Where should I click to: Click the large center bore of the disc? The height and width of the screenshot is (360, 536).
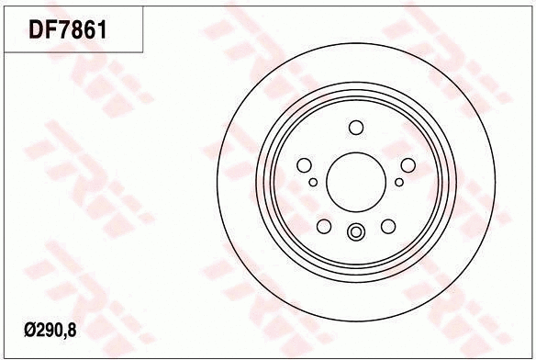tap(355, 174)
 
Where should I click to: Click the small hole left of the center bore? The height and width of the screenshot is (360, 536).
tap(313, 182)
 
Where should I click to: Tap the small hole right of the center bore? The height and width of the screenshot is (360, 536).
tap(399, 181)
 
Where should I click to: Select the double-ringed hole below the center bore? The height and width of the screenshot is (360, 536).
tap(356, 232)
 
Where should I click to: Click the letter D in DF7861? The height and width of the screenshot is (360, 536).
tap(39, 30)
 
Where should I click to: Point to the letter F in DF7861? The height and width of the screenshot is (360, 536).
tap(54, 30)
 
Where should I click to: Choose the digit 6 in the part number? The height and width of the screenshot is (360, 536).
tap(95, 30)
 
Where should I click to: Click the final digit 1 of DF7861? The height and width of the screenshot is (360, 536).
tap(107, 30)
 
